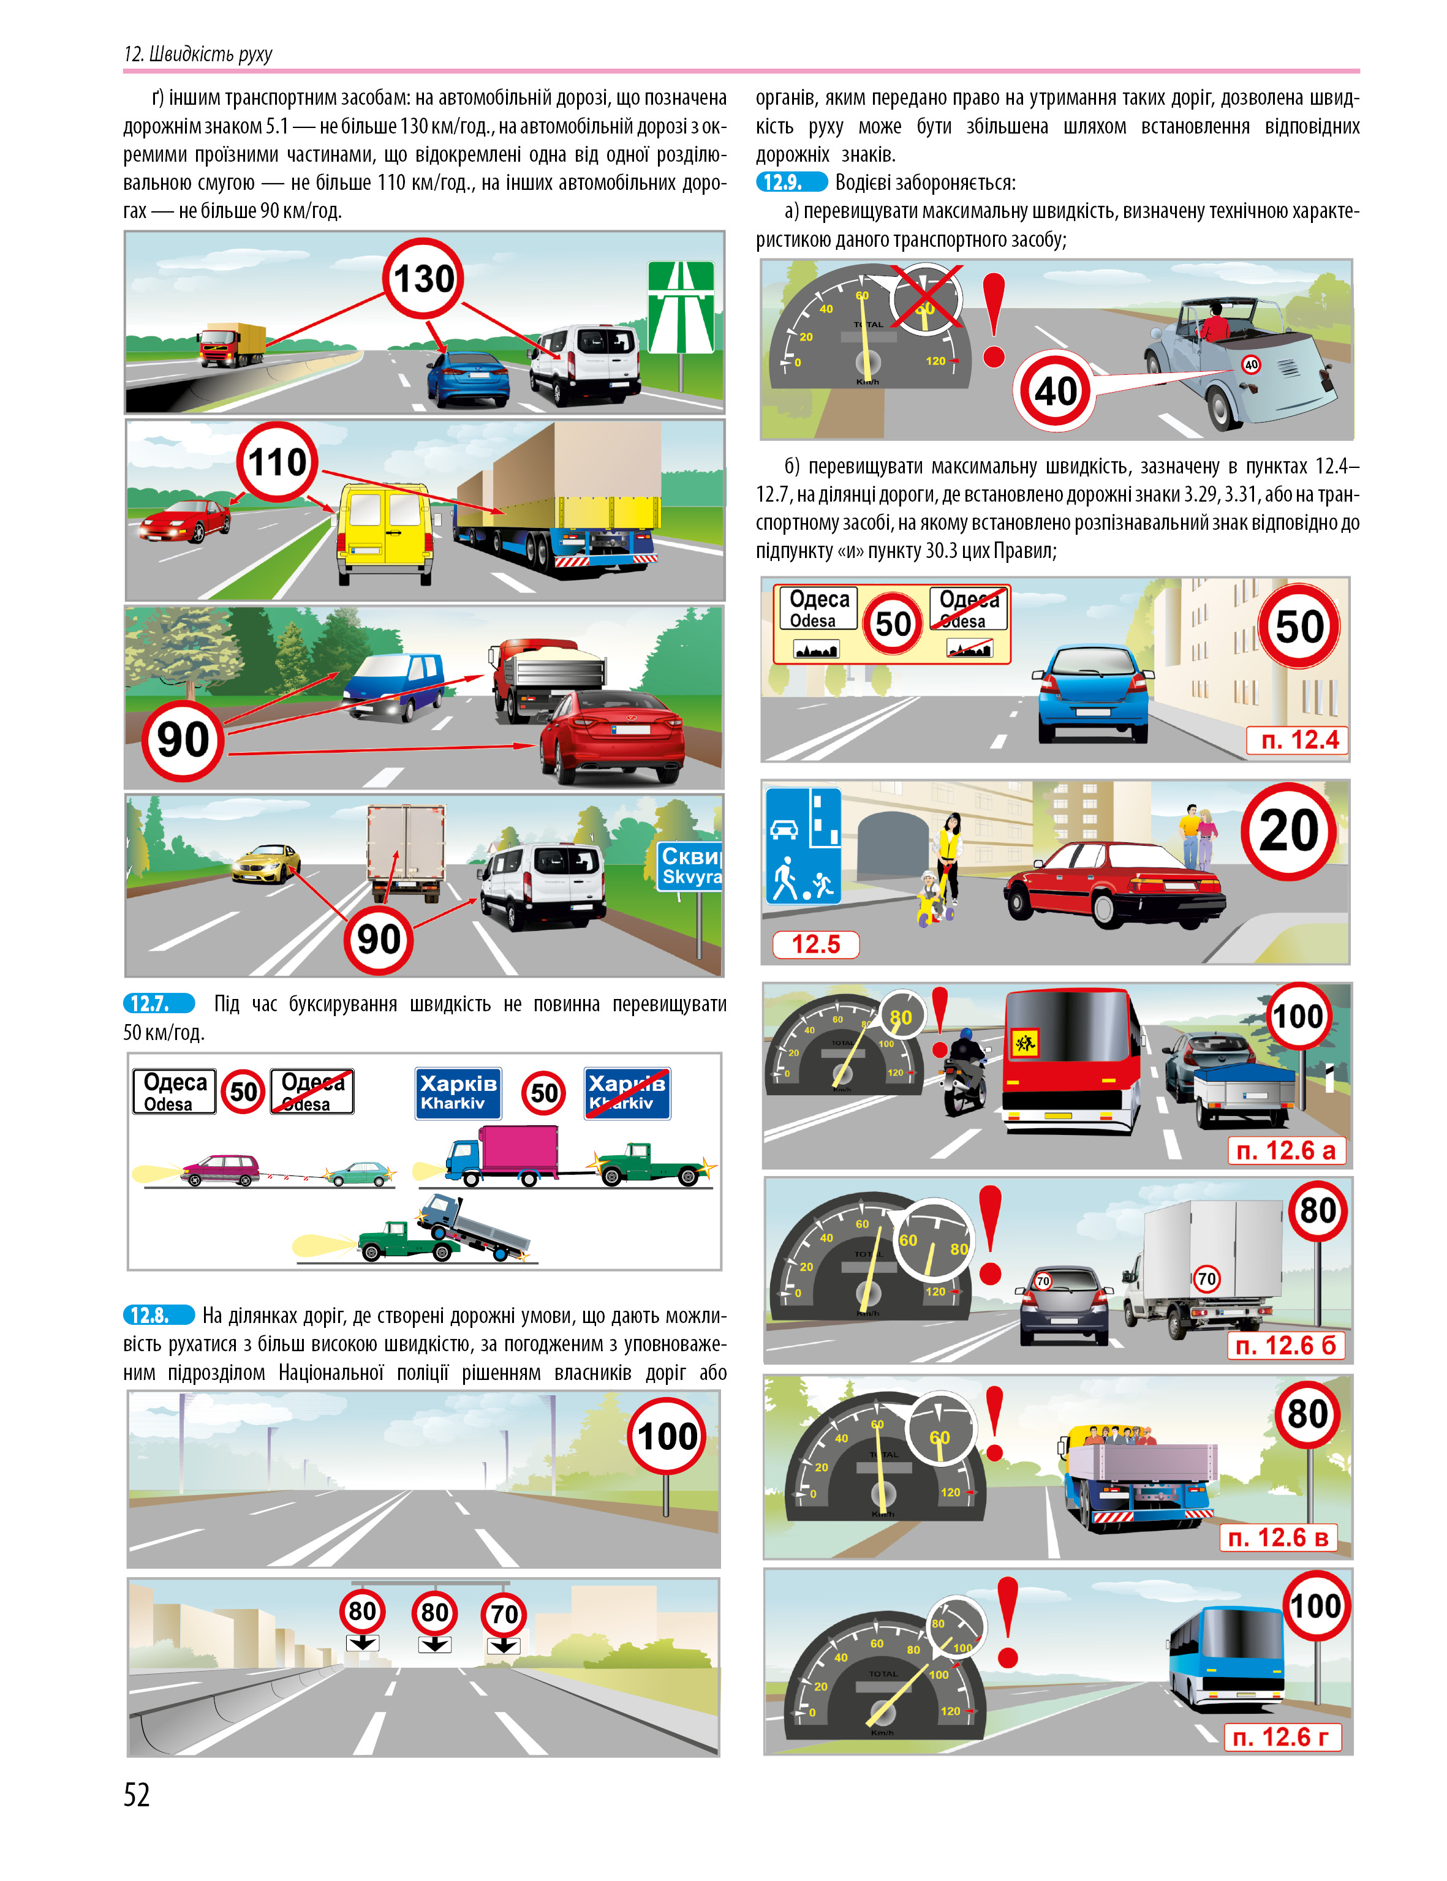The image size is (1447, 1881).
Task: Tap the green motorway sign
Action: (681, 307)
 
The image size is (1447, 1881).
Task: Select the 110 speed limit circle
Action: (278, 462)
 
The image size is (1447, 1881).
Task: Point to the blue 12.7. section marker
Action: (159, 1003)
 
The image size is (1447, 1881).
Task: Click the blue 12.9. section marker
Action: (792, 183)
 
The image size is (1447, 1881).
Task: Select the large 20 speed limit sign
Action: (1288, 831)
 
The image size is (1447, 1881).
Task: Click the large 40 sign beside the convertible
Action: (1055, 392)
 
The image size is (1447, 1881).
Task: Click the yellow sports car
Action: (266, 863)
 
